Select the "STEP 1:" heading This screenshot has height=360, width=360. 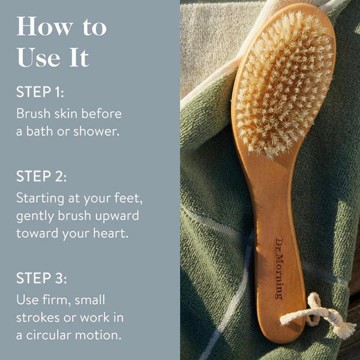point(40,92)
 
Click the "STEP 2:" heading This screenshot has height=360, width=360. point(41,176)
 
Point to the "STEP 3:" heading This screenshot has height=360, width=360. point(41,278)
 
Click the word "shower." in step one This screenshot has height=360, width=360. point(97,131)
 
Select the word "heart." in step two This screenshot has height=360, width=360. point(110,233)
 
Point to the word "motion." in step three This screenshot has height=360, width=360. point(98,335)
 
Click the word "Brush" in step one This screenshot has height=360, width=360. point(33,113)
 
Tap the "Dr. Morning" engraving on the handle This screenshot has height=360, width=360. point(280,269)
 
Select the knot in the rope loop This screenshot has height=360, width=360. point(314,309)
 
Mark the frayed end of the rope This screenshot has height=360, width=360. point(343,328)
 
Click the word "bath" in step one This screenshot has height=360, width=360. point(40,131)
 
